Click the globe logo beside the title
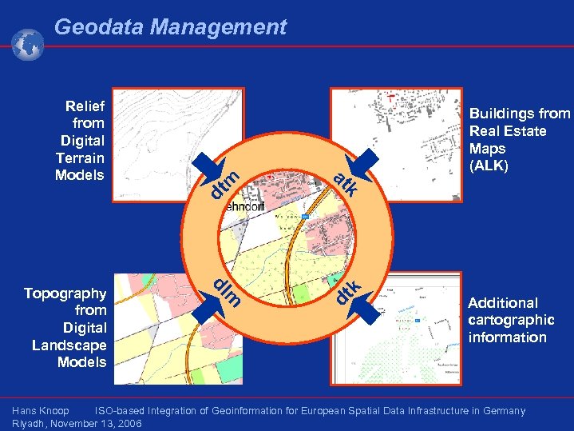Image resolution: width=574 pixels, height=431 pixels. (28, 44)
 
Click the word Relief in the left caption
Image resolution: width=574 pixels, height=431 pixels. (85, 106)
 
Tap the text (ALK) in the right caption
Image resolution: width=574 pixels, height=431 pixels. (489, 166)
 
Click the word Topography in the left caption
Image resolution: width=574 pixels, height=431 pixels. (65, 293)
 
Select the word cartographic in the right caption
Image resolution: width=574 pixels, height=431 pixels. (511, 320)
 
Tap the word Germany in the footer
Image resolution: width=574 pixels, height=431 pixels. (503, 411)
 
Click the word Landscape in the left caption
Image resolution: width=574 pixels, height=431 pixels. (69, 345)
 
